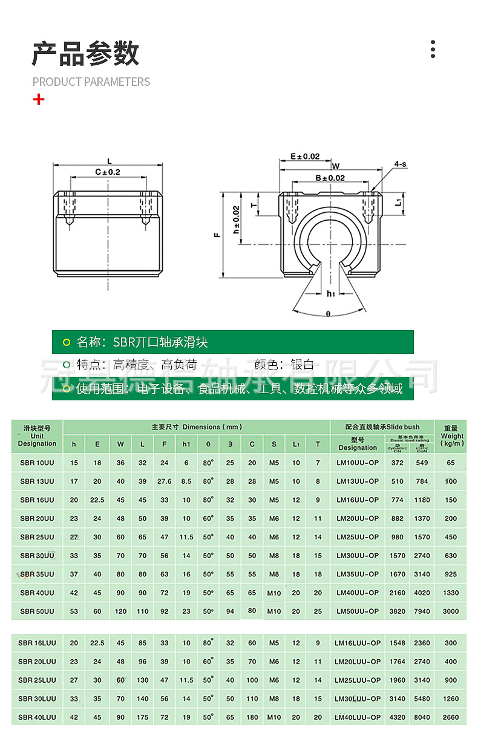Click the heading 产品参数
point(85,54)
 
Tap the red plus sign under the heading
point(39,99)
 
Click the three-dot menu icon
point(433,49)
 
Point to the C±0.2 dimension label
point(108,172)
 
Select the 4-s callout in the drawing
point(400,164)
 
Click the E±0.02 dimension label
point(305,157)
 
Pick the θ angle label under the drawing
point(328,314)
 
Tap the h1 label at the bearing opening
point(330,294)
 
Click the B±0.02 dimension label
point(330,178)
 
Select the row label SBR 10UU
point(37,463)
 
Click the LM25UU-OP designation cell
point(358,537)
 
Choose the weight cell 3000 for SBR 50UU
point(451,611)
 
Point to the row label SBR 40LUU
point(37,717)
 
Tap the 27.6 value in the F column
point(165,482)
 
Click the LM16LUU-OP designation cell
point(358,643)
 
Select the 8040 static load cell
point(422,717)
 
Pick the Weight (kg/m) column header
point(452,435)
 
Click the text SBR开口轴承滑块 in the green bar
point(160,342)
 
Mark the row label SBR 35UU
point(37,575)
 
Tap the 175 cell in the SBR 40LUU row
point(143,717)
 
